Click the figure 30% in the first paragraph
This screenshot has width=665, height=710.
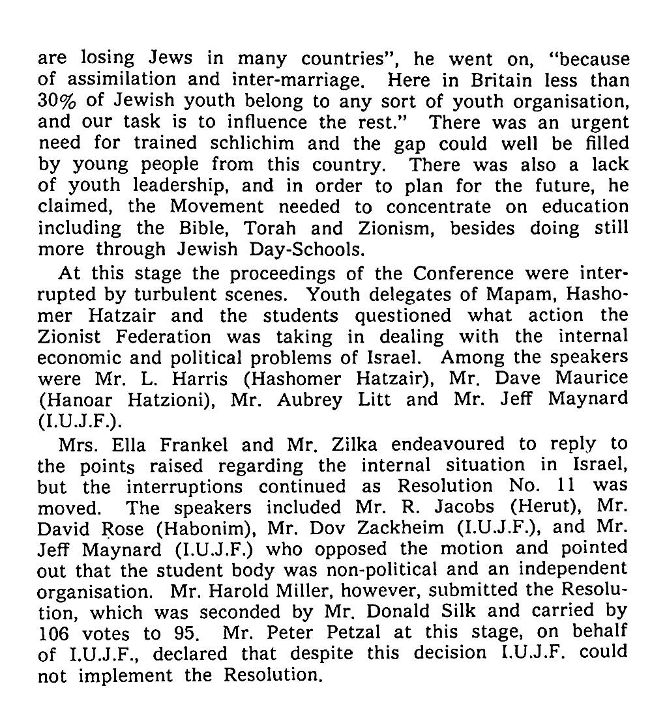tap(57, 102)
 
